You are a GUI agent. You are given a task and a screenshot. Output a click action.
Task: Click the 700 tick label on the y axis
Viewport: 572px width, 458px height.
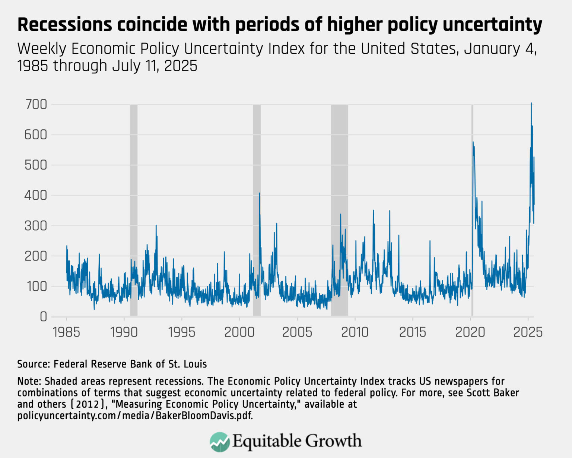tap(36, 105)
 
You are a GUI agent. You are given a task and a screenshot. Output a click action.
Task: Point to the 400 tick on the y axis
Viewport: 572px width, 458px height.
tap(36, 195)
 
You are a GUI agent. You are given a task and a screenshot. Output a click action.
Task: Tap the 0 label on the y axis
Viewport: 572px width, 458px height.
tap(44, 317)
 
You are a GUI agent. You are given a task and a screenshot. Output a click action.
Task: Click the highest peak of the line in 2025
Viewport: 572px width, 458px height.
tap(531, 103)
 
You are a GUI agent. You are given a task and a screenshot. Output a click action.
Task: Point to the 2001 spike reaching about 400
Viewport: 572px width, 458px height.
tap(260, 193)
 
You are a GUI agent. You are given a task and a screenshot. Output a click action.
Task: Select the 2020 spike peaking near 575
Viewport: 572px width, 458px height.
tap(473, 142)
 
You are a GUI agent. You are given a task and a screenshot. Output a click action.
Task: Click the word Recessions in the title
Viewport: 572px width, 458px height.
tap(64, 25)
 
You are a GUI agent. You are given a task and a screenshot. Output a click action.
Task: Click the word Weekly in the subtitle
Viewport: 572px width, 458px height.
tap(42, 49)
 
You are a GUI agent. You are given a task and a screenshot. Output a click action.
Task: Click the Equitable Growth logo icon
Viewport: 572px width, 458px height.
tap(220, 442)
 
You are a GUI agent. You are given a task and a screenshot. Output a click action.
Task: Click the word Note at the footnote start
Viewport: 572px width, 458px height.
tap(29, 381)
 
